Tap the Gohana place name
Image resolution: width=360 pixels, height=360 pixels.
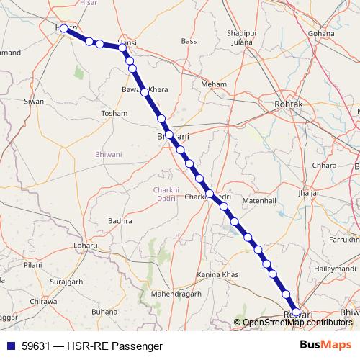[x=321, y=34]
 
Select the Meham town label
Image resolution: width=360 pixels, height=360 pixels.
[x=214, y=84]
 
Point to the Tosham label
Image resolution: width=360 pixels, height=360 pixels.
[x=114, y=114]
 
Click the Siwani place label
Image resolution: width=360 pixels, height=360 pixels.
[x=35, y=102]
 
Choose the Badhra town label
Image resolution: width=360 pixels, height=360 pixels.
[x=120, y=221]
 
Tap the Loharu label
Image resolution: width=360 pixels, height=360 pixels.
[x=85, y=246]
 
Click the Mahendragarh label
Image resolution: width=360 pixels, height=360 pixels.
[x=176, y=294]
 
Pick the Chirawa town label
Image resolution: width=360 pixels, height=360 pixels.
[x=43, y=302]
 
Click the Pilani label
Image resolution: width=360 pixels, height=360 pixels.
[x=32, y=265]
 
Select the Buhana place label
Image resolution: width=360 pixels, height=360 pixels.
[x=104, y=312]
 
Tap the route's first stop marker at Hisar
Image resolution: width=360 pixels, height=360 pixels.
[x=64, y=28]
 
